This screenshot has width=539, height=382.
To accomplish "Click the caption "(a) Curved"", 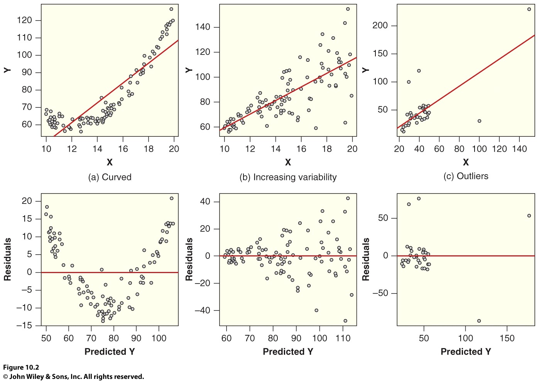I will tap(110, 177).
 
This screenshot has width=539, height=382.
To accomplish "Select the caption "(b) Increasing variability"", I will tap(288, 177).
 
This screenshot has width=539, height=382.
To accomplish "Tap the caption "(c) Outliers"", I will tap(466, 176).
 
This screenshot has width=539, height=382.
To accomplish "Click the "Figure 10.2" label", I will tap(21, 367).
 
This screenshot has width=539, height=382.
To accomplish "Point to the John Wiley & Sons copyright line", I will tap(73, 377).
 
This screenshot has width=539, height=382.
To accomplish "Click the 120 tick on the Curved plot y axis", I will tap(24, 20).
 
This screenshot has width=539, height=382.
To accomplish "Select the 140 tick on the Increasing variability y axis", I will tap(203, 27).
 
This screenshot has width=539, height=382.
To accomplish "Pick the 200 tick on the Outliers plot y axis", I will tap(380, 25).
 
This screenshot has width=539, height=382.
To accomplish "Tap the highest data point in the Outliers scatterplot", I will tap(529, 9).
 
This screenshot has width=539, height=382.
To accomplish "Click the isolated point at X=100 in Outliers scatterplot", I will tap(479, 121).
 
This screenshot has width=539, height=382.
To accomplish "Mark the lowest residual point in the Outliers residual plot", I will tap(479, 321).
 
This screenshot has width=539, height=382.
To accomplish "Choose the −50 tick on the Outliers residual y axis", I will tap(380, 293).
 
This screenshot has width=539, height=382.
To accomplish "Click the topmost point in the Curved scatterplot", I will tap(171, 9).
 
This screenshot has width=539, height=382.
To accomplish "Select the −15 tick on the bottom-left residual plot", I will tap(24, 326).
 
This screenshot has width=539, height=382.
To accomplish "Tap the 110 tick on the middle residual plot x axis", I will tap(343, 338).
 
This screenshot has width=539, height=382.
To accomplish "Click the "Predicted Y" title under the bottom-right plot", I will tap(466, 351).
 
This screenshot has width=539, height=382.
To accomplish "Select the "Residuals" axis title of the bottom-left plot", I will tap(7, 259).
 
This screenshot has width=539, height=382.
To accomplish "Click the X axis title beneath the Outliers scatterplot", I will tap(466, 162).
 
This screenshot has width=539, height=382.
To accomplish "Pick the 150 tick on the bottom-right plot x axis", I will tap(507, 338).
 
